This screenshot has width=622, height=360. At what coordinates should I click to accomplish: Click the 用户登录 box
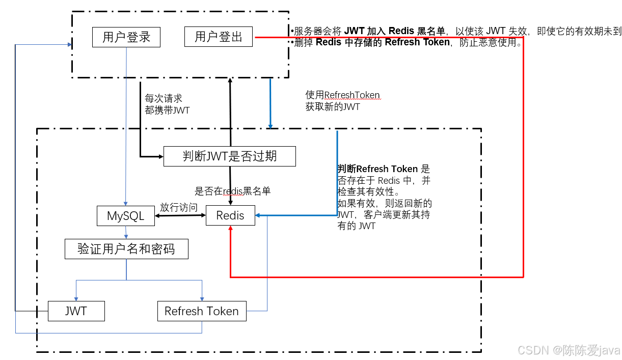click(126, 37)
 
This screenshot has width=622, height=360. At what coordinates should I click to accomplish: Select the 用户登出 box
click(219, 37)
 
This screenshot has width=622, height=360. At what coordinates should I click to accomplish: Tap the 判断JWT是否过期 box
click(229, 156)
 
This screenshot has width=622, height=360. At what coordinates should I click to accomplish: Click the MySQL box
click(125, 216)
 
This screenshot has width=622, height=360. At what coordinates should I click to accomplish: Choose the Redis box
click(230, 215)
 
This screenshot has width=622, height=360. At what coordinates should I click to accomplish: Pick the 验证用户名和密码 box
click(126, 250)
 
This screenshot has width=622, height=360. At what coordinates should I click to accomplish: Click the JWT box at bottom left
click(76, 311)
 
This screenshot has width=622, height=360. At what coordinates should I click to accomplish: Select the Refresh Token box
click(202, 311)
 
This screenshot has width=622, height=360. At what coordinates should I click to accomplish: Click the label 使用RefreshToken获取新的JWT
click(342, 101)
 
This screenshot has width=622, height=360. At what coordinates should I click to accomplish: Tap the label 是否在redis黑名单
click(232, 191)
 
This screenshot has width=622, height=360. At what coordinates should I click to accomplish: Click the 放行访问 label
click(179, 207)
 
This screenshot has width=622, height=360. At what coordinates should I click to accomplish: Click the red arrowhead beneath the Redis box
click(231, 229)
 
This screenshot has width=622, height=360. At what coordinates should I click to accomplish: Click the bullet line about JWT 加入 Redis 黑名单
click(456, 31)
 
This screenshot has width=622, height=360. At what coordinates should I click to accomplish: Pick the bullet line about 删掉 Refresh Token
click(408, 42)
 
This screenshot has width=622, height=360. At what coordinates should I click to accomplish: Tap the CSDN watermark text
click(569, 350)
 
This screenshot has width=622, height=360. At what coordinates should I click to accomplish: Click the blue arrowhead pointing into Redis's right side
click(258, 216)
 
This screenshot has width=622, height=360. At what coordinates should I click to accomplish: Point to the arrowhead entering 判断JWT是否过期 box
click(160, 156)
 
